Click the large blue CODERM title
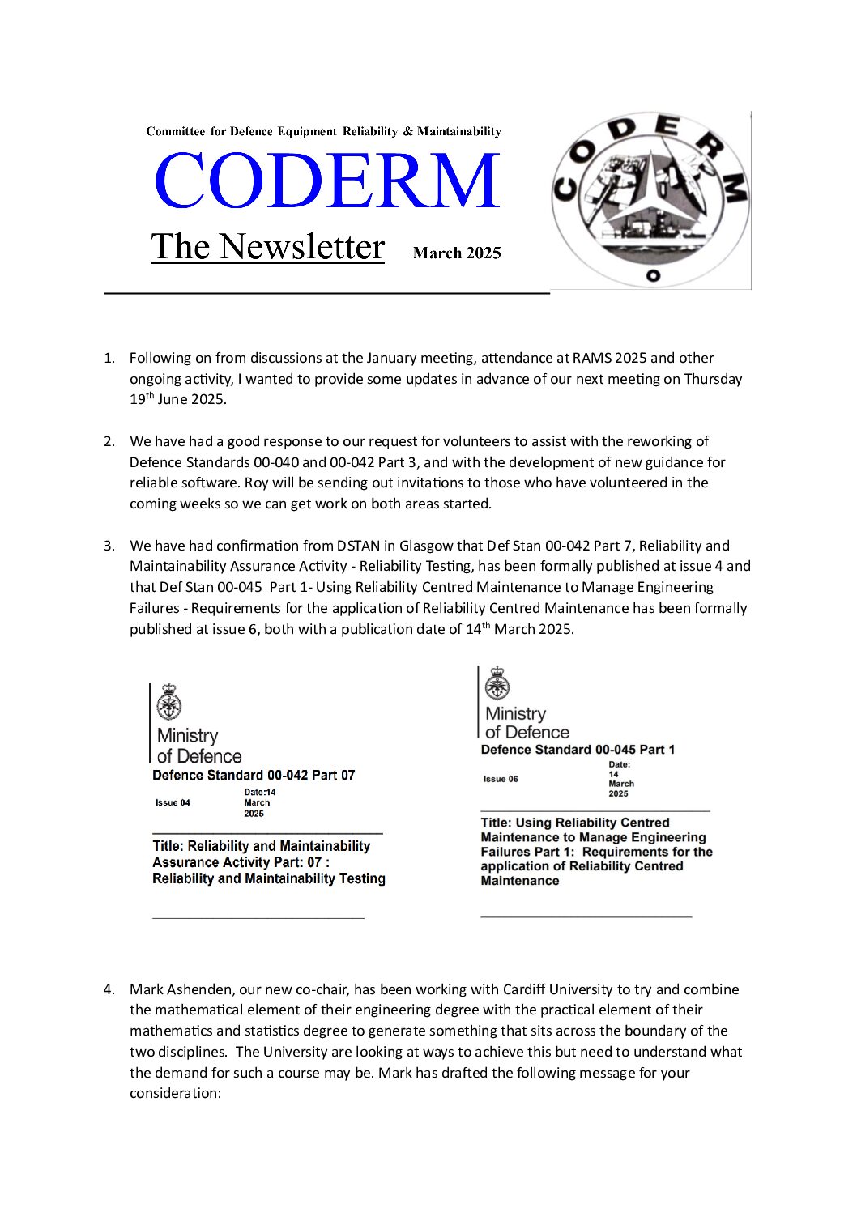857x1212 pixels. click(x=326, y=181)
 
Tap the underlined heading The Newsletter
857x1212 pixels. click(x=267, y=246)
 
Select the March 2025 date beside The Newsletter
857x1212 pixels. click(x=457, y=253)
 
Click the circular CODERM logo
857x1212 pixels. click(x=650, y=200)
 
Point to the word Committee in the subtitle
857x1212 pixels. click(x=173, y=131)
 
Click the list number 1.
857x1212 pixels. click(x=109, y=358)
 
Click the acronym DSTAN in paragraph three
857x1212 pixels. click(x=359, y=546)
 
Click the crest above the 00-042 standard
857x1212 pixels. click(x=169, y=701)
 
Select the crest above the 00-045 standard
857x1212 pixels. click(x=497, y=684)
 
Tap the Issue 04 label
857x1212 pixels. click(x=173, y=802)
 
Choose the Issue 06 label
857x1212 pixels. click(x=501, y=779)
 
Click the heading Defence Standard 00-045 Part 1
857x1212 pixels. click(x=578, y=750)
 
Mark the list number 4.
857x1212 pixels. click(x=109, y=989)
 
